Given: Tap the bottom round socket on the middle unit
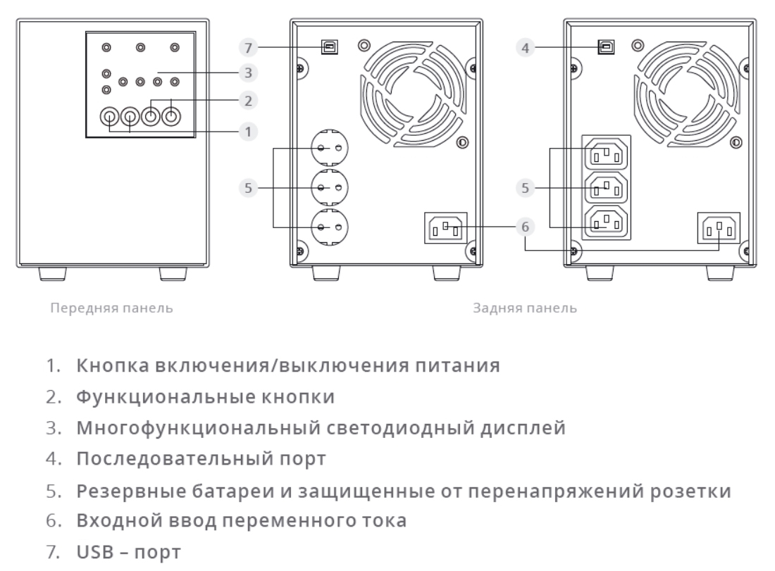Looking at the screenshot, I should (x=328, y=227).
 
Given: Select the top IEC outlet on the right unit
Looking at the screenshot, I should (x=604, y=153).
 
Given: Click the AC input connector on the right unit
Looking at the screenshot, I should (x=719, y=227).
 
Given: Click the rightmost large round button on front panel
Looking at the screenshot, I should (x=172, y=115).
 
